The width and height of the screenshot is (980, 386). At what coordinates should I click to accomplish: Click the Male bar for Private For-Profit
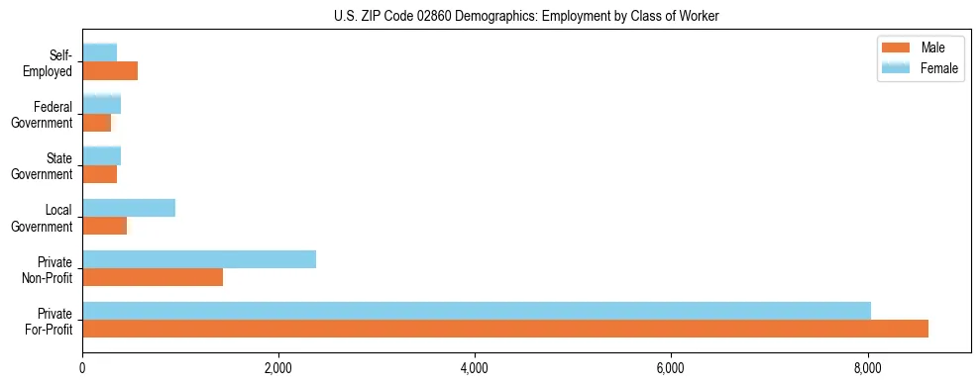tap(505, 329)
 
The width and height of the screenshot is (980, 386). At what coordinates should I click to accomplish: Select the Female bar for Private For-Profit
tap(477, 311)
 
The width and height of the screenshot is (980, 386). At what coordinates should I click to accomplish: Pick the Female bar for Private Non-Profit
tap(199, 259)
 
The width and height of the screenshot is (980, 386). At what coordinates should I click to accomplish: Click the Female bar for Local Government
tap(129, 208)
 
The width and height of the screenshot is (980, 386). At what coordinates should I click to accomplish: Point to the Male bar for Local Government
tap(105, 226)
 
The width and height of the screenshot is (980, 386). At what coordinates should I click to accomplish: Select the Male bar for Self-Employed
tap(110, 70)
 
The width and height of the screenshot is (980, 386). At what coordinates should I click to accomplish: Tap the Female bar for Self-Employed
tap(100, 52)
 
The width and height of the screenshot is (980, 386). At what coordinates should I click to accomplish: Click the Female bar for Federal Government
tap(102, 104)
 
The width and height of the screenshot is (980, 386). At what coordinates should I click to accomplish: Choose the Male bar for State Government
tap(100, 174)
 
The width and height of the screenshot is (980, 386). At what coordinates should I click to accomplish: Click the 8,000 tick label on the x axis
tap(868, 368)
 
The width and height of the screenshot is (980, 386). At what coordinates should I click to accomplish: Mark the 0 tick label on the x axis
tap(82, 368)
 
